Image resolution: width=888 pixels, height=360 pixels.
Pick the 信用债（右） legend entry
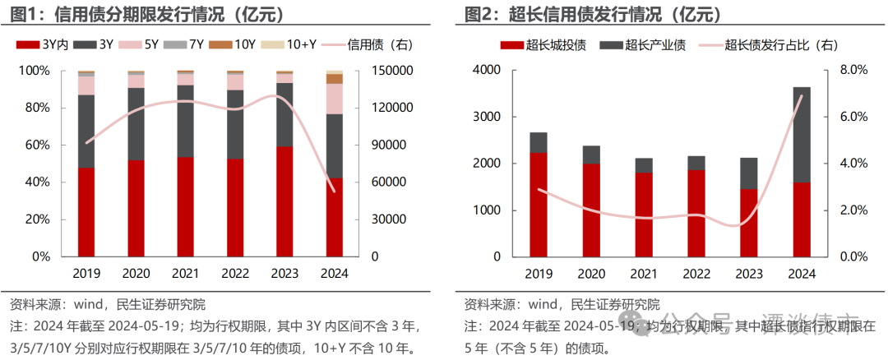pyautogui.click(x=369, y=45)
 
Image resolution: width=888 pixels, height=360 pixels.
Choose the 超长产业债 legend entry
pyautogui.click(x=646, y=45)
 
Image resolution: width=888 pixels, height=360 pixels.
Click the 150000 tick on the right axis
pyautogui.click(x=391, y=72)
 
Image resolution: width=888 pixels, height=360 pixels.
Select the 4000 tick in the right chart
pyautogui.click(x=487, y=72)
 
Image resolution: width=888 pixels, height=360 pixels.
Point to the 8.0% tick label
pyautogui.click(x=853, y=72)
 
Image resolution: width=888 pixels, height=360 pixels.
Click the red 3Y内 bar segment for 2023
pyautogui.click(x=284, y=201)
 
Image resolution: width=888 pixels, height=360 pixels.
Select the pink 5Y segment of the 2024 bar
pyautogui.click(x=334, y=99)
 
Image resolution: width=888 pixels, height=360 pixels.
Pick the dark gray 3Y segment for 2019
pyautogui.click(x=86, y=132)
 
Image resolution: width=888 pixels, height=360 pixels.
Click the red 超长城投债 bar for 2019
pyautogui.click(x=538, y=205)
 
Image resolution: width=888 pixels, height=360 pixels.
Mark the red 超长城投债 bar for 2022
pyautogui.click(x=696, y=214)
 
